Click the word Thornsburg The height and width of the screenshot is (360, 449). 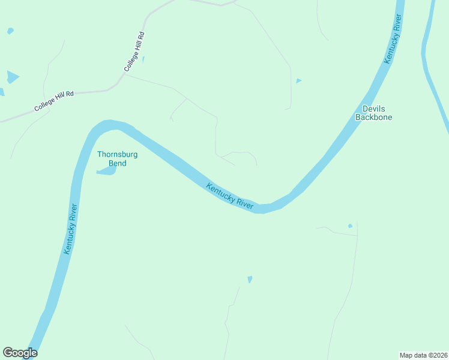point(118,154)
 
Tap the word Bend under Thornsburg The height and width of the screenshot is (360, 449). point(118,163)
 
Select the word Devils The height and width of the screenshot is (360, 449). point(373,109)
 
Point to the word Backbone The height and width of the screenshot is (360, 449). point(373,118)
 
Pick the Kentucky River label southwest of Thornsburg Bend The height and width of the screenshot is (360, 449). point(71,229)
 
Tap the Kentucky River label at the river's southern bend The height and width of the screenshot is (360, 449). point(230,196)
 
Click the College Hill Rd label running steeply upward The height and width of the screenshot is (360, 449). point(135,52)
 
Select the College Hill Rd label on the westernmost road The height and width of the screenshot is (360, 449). point(53,101)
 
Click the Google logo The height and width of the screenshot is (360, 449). point(20,352)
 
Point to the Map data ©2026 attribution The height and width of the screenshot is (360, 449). point(423,355)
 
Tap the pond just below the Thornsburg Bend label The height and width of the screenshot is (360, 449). point(106,172)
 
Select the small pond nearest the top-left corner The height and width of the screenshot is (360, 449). point(10,31)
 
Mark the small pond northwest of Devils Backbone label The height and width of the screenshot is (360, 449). point(298,80)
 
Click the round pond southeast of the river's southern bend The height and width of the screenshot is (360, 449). point(350,226)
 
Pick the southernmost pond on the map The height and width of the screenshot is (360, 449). point(250,279)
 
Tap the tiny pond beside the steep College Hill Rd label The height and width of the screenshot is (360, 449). point(143,59)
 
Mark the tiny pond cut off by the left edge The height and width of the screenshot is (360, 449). point(2,92)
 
